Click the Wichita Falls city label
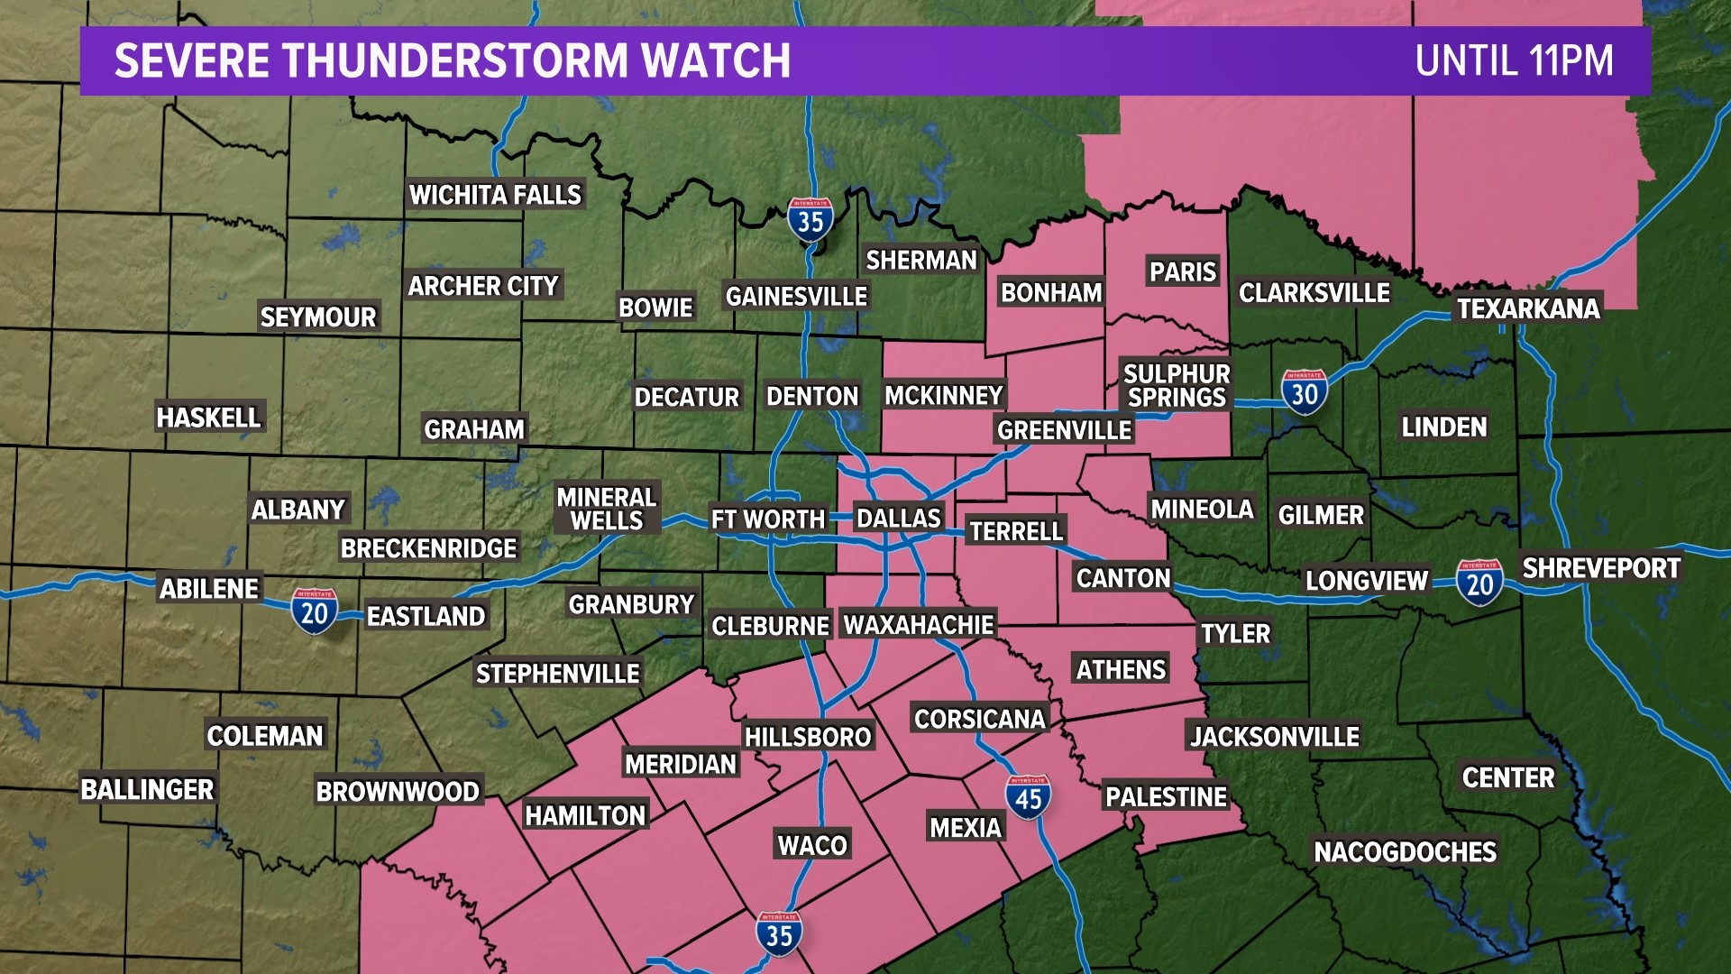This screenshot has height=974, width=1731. point(495,195)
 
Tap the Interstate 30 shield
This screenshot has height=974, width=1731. point(1304,392)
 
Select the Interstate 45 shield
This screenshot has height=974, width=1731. point(1028,797)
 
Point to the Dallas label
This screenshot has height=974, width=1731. point(898,519)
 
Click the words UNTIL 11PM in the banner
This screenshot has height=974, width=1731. point(1514,61)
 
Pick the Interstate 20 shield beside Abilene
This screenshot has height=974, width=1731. point(314,611)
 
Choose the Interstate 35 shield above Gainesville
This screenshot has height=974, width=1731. point(810,219)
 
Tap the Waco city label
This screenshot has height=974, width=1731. point(812,845)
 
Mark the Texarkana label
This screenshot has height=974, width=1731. point(1528,308)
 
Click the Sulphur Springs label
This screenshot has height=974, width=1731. point(1177,385)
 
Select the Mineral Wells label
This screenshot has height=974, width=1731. point(606,509)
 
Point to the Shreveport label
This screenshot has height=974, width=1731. point(1601,568)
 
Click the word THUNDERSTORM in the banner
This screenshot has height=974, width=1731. point(456,61)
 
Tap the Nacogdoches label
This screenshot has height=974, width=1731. point(1405,851)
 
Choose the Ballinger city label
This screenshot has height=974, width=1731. point(147,789)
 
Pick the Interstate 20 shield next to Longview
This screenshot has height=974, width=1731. point(1479,583)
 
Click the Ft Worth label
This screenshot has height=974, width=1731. point(767,519)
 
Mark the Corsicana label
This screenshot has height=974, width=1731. point(979,719)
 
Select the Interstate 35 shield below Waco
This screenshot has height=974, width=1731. point(779,934)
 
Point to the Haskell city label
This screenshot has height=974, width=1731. point(208,418)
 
